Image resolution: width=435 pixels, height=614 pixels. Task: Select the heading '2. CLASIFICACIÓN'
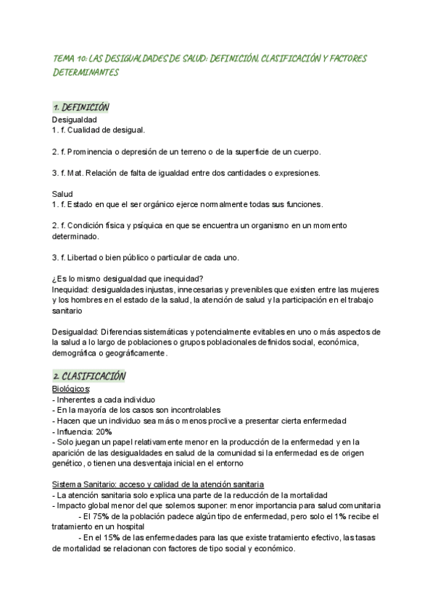click(89, 377)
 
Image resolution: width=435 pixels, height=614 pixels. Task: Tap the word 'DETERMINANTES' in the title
click(85, 73)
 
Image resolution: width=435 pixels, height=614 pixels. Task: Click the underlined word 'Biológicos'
click(70, 389)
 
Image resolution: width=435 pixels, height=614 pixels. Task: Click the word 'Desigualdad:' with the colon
click(77, 332)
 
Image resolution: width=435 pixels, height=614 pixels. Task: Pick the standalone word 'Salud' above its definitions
click(63, 194)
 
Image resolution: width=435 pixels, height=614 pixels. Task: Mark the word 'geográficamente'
click(136, 353)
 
